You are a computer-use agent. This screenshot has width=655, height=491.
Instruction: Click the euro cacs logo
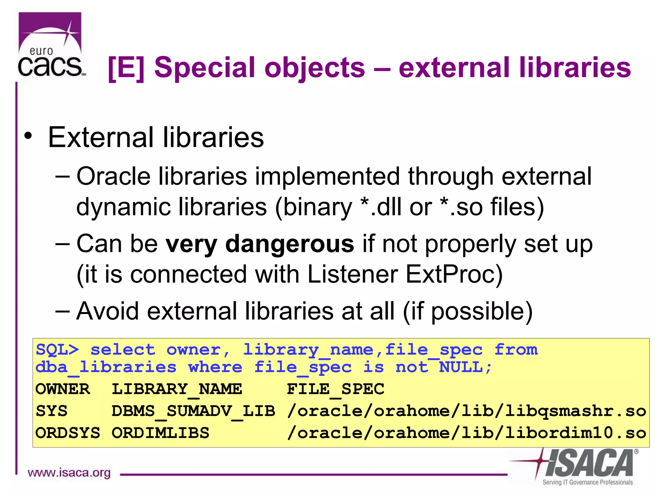[x=51, y=45]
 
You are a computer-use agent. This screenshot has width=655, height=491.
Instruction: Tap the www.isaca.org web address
[x=69, y=472]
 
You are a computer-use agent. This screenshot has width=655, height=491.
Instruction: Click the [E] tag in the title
[x=126, y=68]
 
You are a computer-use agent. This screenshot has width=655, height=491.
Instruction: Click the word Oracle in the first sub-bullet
[x=114, y=176]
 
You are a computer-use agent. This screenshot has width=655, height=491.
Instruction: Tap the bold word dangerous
[x=289, y=244]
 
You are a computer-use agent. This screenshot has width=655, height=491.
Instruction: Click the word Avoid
[x=108, y=311]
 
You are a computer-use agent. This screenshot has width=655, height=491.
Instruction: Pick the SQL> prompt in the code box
[x=57, y=349]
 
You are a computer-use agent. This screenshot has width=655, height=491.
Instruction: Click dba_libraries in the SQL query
[x=106, y=367]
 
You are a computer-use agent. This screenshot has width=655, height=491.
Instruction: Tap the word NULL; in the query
[x=465, y=367]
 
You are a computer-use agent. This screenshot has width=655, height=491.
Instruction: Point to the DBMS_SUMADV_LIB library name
[x=193, y=411]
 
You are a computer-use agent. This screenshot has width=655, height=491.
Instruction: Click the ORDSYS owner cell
[x=67, y=433]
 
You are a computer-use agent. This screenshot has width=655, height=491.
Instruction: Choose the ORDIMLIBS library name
[x=160, y=433]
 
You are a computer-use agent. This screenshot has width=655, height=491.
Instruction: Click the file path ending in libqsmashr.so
[x=466, y=411]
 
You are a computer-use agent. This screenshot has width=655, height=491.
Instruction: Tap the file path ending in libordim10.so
[x=466, y=433]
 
